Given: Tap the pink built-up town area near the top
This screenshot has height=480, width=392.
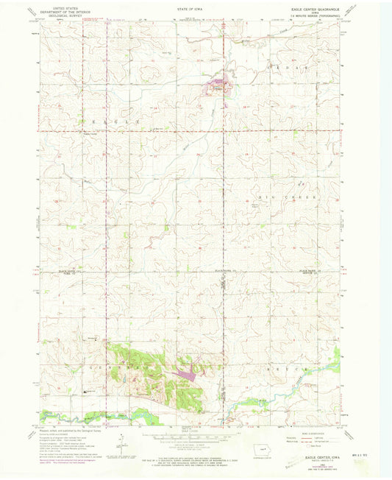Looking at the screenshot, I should (x=220, y=86).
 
